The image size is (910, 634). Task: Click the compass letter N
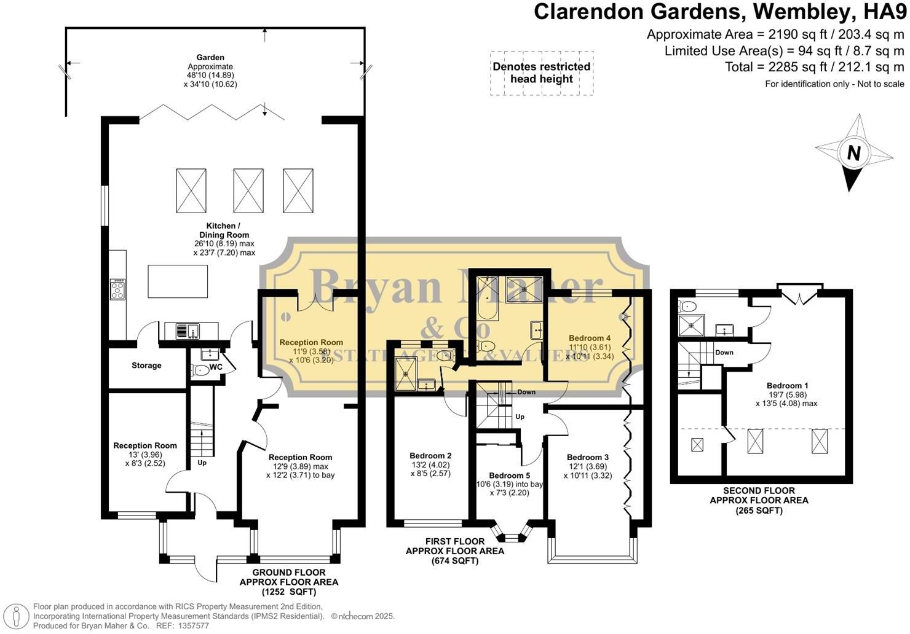pos(853,152)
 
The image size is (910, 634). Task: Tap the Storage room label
pos(146,366)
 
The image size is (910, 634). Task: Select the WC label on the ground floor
pos(216,367)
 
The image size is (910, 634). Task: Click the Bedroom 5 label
pos(509,475)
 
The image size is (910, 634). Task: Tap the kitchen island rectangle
pos(178,281)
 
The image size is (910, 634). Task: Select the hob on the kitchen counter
pos(117,289)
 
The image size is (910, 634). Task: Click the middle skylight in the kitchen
pos(248,190)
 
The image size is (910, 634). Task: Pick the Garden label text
pos(210,58)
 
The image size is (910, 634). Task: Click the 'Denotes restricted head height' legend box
pos(541,73)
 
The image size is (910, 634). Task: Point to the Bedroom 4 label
pos(589,338)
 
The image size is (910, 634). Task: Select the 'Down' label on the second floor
pos(724,353)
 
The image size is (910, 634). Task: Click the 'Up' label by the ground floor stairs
pos(202,463)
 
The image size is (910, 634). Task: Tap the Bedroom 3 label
pos(587,457)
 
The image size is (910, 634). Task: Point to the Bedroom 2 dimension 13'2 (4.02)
pos(430,464)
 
